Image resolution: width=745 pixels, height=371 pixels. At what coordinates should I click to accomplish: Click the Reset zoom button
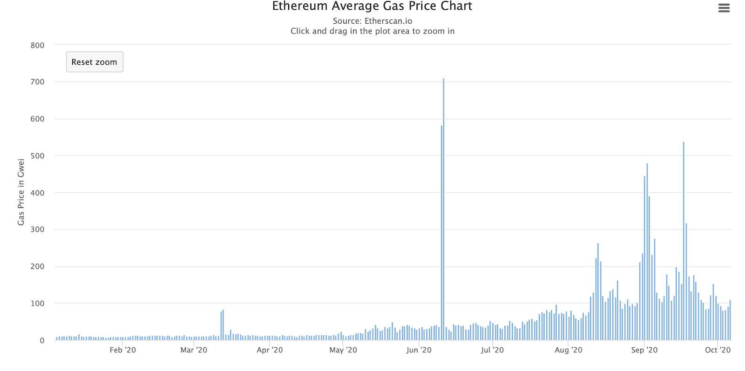[95, 62]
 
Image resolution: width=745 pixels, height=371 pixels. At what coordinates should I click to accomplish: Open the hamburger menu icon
[724, 8]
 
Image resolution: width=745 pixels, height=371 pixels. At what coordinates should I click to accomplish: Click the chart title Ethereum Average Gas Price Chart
[372, 7]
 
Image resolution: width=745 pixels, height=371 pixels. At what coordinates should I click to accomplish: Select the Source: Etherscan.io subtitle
[372, 21]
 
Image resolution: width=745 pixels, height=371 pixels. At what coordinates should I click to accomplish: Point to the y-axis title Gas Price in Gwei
[21, 192]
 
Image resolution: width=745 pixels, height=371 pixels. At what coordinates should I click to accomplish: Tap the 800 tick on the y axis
[37, 45]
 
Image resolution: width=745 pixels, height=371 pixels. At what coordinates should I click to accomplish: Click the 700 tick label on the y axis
[37, 82]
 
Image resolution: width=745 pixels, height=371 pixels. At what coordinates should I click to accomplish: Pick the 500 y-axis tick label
[37, 156]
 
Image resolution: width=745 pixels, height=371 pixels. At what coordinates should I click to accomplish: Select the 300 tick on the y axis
[37, 229]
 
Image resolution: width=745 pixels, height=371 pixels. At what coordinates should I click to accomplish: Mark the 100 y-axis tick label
[37, 304]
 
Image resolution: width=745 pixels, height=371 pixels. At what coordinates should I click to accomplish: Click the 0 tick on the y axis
[42, 340]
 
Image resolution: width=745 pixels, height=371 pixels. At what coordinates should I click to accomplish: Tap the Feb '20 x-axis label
[122, 350]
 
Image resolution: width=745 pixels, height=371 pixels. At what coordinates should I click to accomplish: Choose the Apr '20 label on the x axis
[270, 350]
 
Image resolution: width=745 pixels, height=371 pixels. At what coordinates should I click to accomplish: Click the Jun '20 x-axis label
[419, 350]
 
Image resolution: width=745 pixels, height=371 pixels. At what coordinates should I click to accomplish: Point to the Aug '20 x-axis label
[568, 350]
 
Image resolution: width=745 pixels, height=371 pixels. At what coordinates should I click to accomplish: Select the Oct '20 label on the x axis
[718, 350]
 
